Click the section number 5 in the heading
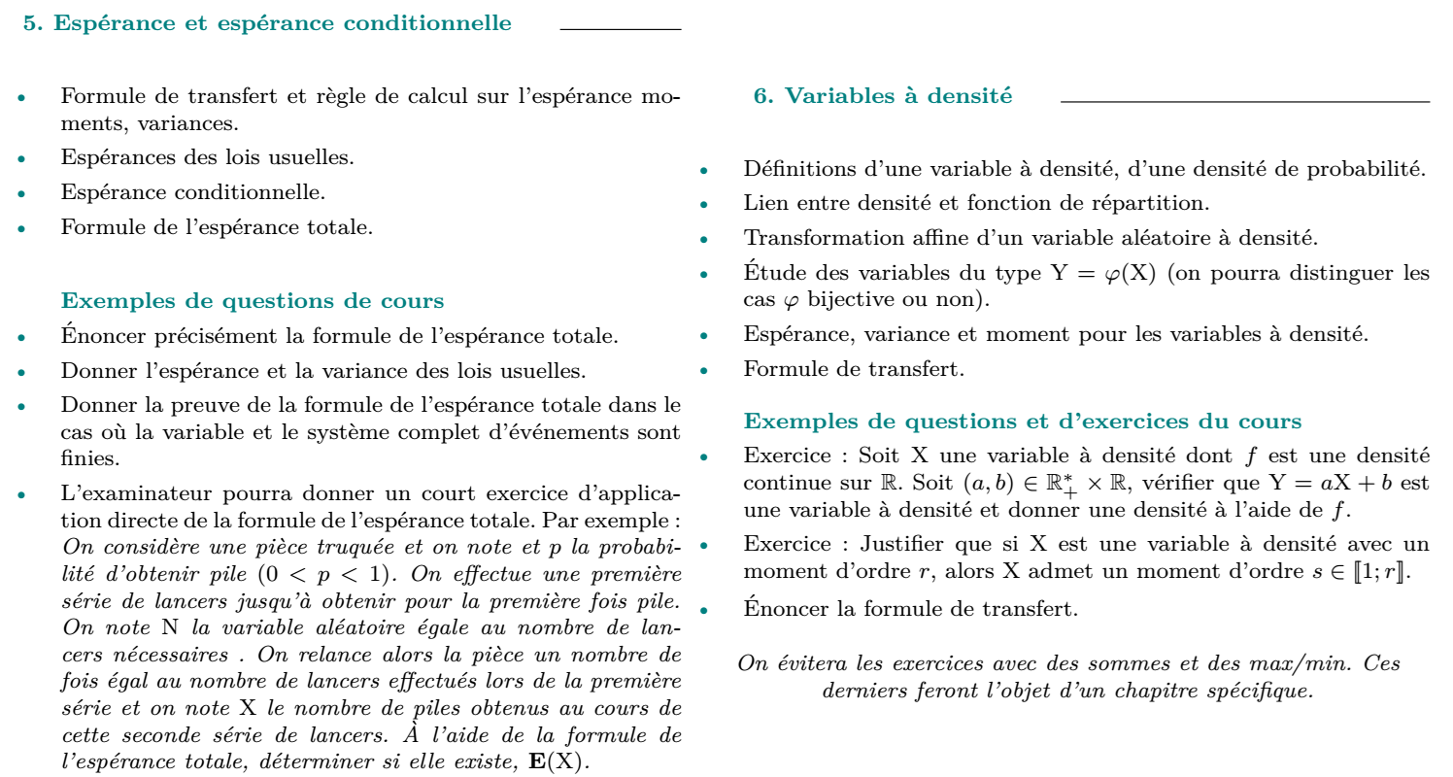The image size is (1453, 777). click(x=29, y=23)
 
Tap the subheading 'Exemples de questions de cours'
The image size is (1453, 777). click(x=253, y=301)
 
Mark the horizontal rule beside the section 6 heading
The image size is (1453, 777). click(x=1245, y=101)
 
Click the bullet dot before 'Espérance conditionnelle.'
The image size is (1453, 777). click(x=20, y=194)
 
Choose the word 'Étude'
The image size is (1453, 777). click(x=770, y=273)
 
